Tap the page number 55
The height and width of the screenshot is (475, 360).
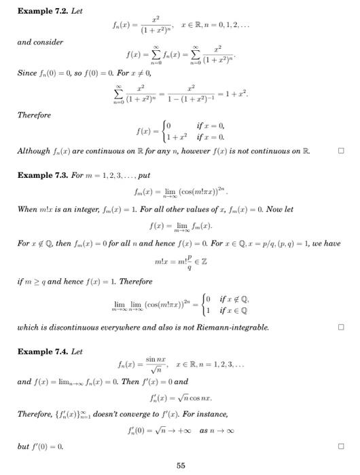(180, 465)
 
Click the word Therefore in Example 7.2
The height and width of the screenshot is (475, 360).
(34, 115)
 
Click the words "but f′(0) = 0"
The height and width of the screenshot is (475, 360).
(43, 446)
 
